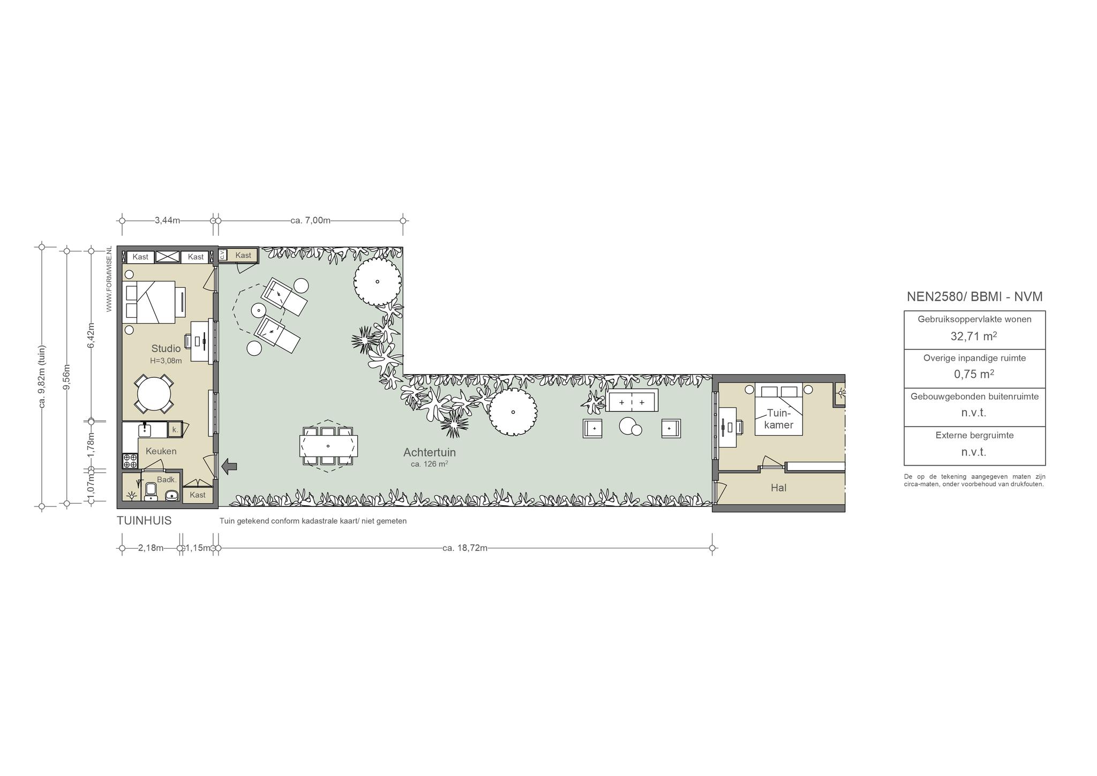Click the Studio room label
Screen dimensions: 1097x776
[166, 349]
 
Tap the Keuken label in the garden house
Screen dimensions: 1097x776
[161, 451]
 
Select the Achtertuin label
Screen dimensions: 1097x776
[430, 452]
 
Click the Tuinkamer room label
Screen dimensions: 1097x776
[779, 419]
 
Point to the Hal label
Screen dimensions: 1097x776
[778, 488]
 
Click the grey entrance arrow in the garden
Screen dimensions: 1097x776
[230, 466]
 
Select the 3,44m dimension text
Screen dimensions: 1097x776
[167, 220]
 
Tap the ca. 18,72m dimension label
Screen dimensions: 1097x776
[465, 548]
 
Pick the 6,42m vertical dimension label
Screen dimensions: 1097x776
[91, 335]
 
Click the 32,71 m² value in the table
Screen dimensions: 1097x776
[974, 336]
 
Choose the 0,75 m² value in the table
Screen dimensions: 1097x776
[974, 374]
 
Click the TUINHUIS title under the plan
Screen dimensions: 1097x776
[144, 521]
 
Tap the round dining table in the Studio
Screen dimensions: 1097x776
[154, 394]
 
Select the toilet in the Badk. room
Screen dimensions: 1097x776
[151, 490]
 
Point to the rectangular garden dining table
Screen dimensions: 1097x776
[328, 446]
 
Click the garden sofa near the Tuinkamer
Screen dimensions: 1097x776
[632, 400]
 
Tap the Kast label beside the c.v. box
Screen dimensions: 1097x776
[243, 256]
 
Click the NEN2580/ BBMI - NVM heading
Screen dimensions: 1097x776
[974, 296]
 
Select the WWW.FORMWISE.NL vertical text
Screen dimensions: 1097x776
[109, 279]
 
